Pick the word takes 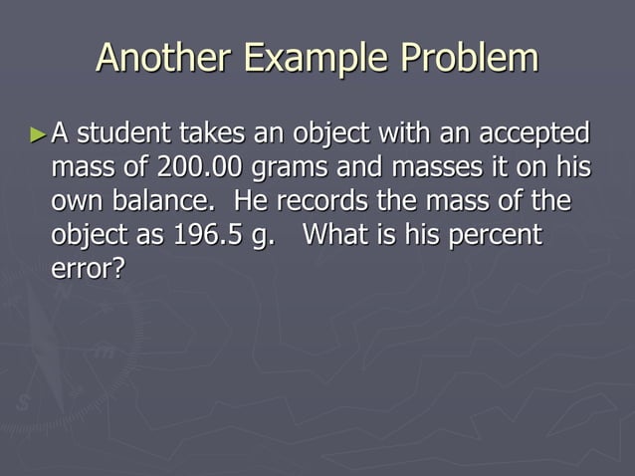(x=215, y=132)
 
